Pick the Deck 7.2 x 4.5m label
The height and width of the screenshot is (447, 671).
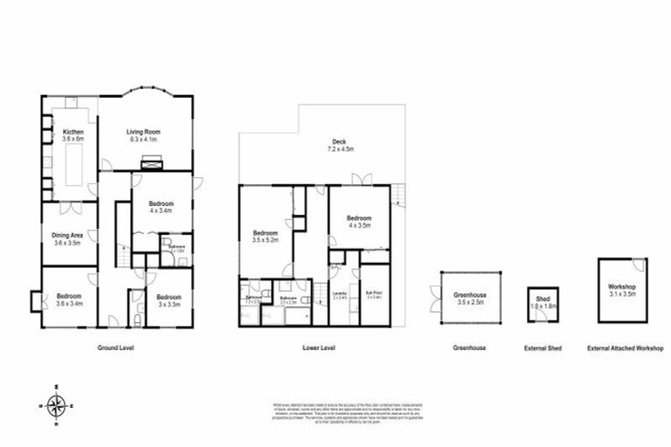pos(337,146)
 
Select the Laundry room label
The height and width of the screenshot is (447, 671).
pos(340,295)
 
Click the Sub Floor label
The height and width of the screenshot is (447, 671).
pos(374,295)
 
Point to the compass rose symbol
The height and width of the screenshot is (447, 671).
pos(57,404)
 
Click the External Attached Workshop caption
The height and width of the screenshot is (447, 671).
pos(625,347)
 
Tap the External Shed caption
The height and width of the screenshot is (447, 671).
pos(543,347)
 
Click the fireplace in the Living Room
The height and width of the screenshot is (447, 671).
pos(152,161)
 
